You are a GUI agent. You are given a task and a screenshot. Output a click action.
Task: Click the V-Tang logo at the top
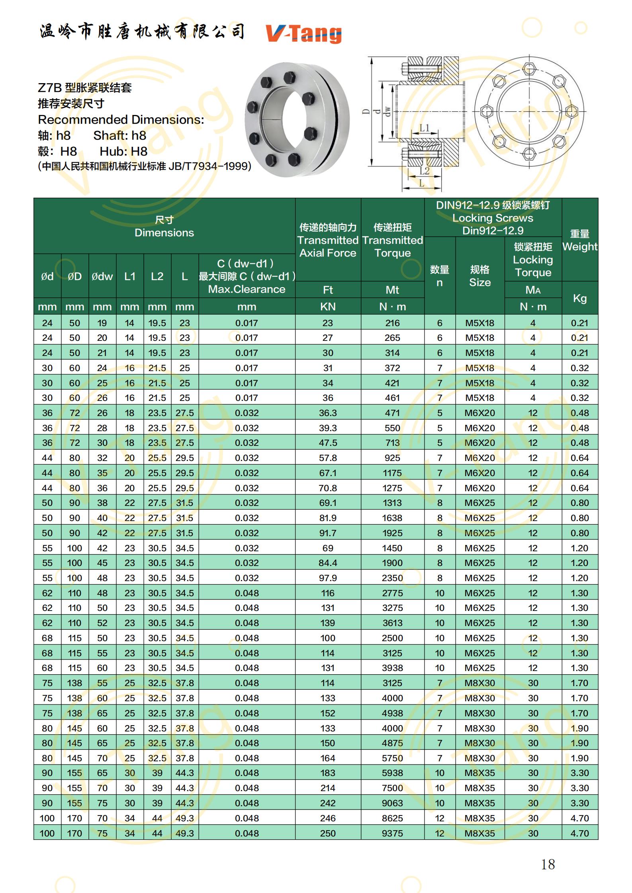303,33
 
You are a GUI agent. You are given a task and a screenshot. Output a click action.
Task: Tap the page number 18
548,864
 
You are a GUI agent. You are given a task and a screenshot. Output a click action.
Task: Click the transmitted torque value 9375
392,833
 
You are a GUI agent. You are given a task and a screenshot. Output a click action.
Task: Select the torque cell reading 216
392,323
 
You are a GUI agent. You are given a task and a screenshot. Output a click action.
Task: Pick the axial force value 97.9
328,578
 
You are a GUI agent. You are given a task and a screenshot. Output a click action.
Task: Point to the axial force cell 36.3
328,412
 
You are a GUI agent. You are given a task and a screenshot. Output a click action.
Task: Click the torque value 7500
392,788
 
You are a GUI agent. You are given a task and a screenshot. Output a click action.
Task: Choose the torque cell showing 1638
392,518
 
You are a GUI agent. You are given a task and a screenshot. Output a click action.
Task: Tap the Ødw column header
102,276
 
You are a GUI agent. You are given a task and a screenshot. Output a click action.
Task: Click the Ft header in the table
328,290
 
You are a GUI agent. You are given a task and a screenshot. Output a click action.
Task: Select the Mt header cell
392,290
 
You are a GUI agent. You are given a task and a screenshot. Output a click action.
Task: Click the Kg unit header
579,298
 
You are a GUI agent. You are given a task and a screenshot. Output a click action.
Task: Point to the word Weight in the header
579,246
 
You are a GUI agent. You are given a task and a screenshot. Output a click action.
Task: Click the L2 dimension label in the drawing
425,171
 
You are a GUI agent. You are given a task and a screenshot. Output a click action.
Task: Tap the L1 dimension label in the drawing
425,128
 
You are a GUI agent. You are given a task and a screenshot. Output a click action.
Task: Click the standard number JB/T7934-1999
209,166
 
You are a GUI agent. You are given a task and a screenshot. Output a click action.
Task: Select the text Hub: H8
123,151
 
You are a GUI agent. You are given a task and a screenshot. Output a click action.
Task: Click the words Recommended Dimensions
121,119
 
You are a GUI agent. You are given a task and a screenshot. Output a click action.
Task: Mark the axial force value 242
328,803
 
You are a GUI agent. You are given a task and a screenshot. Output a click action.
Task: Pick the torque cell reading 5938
392,772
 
